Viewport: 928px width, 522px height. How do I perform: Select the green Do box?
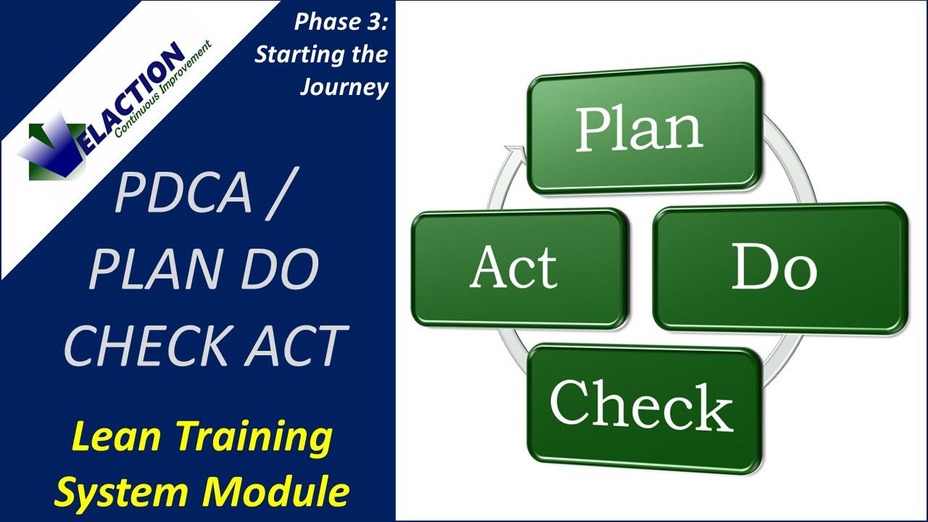(779, 268)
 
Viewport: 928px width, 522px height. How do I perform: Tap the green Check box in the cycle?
(644, 407)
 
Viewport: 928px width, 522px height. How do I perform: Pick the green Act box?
(518, 268)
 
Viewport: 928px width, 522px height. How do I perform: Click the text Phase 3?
(341, 22)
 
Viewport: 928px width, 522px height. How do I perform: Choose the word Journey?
(344, 87)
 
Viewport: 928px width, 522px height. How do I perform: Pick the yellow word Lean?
(115, 439)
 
